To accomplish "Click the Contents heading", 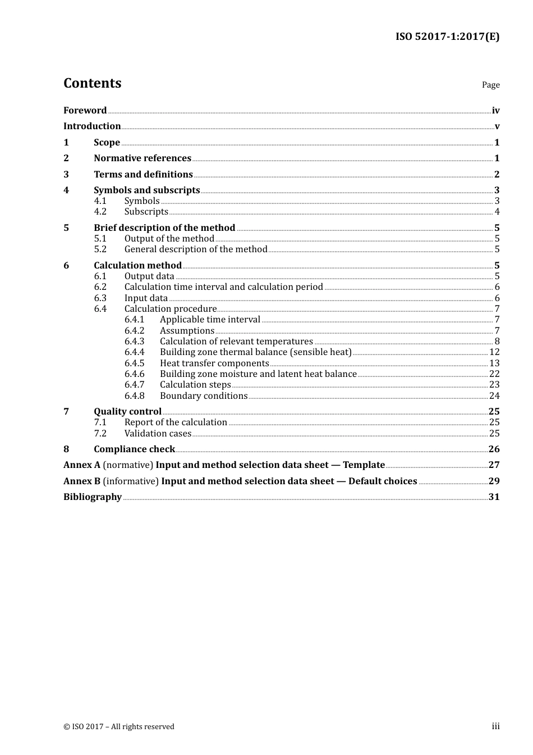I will click(92, 83).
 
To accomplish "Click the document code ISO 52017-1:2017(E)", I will click(447, 37).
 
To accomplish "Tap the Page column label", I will click(490, 85).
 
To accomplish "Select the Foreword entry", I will click(85, 111).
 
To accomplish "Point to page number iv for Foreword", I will click(495, 111).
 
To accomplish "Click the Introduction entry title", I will click(92, 126).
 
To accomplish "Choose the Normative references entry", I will click(143, 158).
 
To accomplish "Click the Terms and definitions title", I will click(143, 175).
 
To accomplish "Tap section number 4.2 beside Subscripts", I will click(100, 212).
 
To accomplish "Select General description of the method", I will click(196, 249).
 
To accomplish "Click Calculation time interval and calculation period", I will click(223, 287).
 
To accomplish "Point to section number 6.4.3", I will click(134, 342).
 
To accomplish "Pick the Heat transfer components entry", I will click(214, 363).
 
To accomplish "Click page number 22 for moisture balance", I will click(494, 374).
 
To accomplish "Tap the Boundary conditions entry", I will click(204, 396).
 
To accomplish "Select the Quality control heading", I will click(127, 412).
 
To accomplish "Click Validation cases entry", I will click(158, 434).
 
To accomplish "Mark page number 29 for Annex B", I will click(494, 481).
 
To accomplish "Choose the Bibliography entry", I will click(93, 497).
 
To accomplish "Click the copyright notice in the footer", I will click(119, 727).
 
